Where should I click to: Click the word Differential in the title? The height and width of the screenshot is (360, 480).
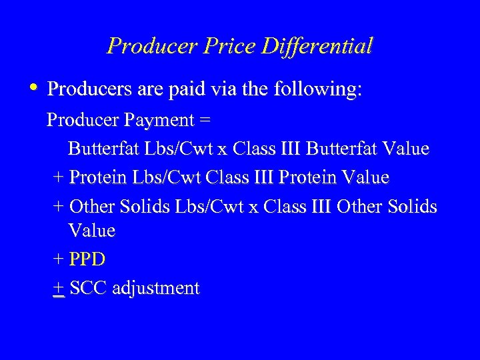(317, 46)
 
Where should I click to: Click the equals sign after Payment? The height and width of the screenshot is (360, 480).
(205, 120)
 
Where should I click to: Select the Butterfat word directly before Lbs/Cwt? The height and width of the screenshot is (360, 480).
(102, 148)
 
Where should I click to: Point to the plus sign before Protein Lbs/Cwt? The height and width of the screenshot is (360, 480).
(58, 178)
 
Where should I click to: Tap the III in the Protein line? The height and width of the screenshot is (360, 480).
(262, 177)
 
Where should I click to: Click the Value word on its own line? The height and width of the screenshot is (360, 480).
(91, 231)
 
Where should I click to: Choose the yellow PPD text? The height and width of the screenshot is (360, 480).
(87, 259)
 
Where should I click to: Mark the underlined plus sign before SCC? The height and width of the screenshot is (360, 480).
(58, 288)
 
